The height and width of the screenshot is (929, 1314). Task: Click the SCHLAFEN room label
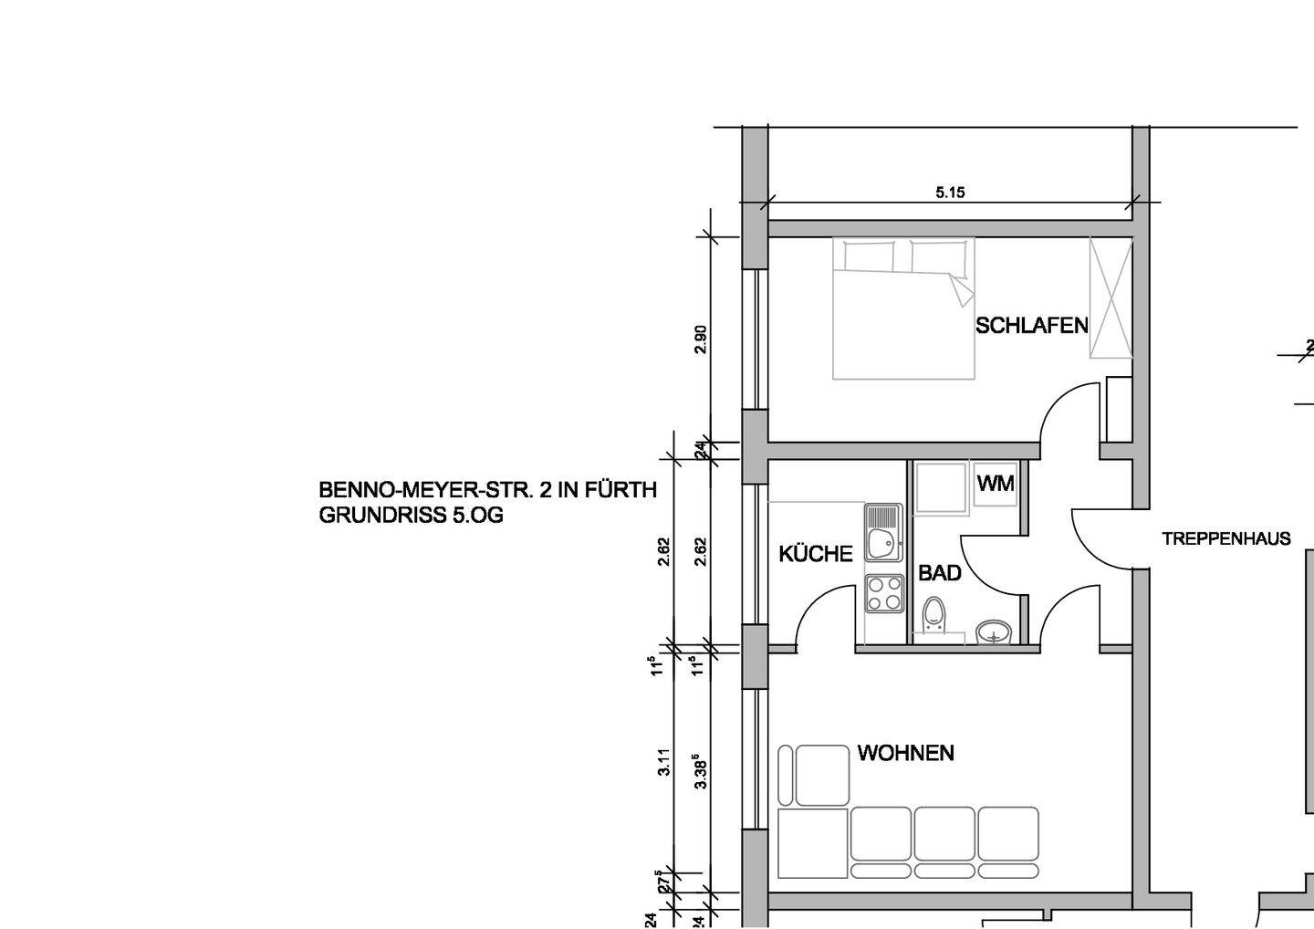tap(1032, 326)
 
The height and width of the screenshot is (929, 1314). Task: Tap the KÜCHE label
tap(816, 554)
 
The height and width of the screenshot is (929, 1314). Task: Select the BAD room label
tap(940, 573)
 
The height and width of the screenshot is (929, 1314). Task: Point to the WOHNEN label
tap(906, 753)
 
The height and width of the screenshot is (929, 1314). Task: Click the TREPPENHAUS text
tap(1226, 538)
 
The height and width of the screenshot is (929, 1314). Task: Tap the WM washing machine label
tap(996, 484)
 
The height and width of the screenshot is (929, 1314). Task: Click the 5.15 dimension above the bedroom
tap(950, 193)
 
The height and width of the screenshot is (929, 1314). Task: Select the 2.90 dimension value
tap(701, 339)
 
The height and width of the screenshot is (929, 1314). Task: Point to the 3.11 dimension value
tap(664, 762)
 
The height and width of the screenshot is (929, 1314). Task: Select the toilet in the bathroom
tap(933, 615)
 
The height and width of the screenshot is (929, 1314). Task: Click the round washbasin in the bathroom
tap(994, 632)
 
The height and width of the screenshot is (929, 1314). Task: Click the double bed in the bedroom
tap(903, 308)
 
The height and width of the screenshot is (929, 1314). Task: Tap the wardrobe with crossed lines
tap(1111, 297)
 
